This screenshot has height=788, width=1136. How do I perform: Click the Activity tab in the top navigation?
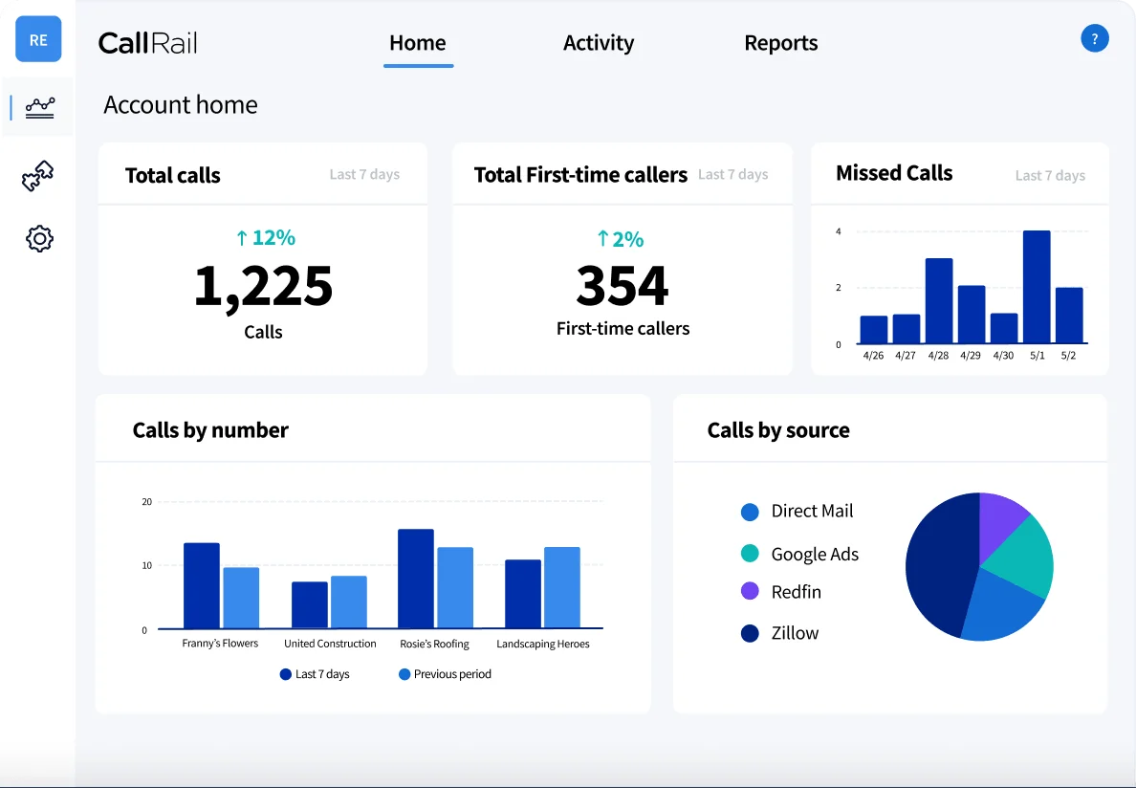598,43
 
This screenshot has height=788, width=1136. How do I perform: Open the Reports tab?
780,43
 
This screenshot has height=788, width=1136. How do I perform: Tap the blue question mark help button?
1094,39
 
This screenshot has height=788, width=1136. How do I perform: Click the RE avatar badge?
38,40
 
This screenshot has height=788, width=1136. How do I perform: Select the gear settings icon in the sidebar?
39,238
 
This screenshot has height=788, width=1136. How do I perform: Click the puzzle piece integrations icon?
38,176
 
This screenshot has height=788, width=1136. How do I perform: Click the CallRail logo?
147,43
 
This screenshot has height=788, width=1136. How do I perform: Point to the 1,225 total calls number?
263,286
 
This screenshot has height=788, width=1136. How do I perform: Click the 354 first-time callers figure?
623,286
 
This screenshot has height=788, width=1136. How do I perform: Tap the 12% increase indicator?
265,238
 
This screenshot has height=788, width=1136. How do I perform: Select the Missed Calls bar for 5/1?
1037,287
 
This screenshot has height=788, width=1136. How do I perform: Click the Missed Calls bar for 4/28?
939,301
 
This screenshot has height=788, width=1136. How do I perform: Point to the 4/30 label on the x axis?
1003,356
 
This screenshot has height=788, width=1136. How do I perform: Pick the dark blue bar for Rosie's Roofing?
416,579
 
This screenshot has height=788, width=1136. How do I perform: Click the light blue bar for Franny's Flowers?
241,598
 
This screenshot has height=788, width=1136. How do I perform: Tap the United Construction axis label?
330,644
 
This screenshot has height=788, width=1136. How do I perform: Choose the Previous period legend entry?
445,674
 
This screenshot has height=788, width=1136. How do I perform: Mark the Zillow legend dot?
750,633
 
